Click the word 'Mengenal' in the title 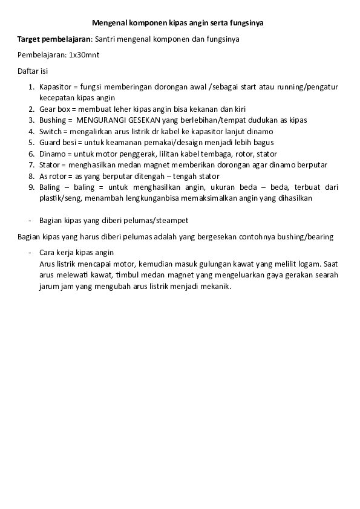(108, 23)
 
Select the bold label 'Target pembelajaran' (53, 39)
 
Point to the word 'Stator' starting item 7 (50, 164)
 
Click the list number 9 (31, 187)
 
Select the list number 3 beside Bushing (31, 120)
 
